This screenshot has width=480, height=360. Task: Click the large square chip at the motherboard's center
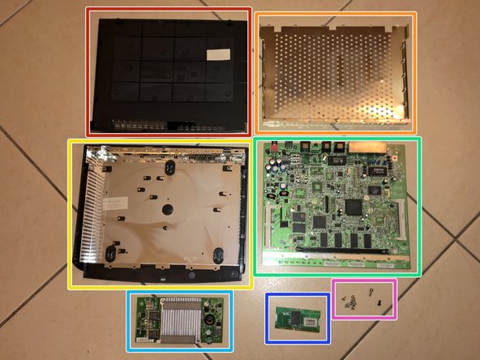coord(354,206)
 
